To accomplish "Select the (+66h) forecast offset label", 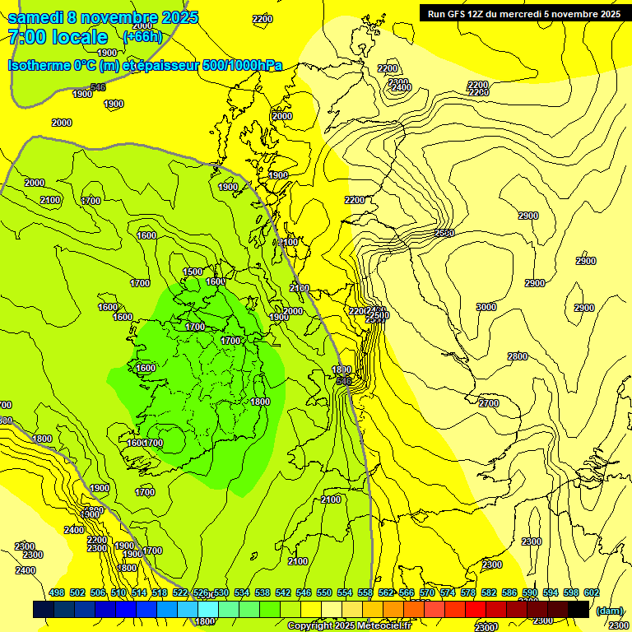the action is click(x=142, y=36).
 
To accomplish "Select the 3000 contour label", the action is click(x=486, y=307).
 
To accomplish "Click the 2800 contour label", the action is click(x=518, y=356).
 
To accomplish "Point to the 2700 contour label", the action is click(x=489, y=403).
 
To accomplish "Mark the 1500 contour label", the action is click(x=193, y=272).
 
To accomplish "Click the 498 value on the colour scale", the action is click(x=57, y=592).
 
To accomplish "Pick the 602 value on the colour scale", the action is click(x=592, y=592).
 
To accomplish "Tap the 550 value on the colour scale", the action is click(x=324, y=592).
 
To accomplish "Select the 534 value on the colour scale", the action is click(x=242, y=592).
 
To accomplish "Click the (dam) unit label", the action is click(x=610, y=611).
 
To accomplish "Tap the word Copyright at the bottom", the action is click(x=310, y=626).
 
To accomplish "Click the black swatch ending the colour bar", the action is click(x=579, y=609).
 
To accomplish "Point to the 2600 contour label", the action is click(x=444, y=233).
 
